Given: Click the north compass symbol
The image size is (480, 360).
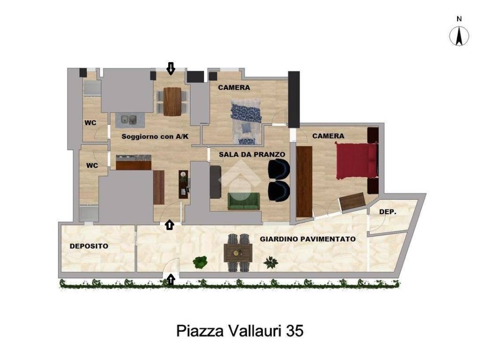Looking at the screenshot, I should (459, 36).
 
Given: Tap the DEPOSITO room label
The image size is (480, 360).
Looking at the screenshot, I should (89, 246).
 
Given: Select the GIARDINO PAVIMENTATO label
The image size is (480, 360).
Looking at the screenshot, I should (307, 239).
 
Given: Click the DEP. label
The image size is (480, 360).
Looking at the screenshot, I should (388, 212).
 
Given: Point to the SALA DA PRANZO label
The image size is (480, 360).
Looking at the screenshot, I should (252, 154).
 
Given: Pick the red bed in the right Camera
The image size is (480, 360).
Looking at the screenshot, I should (356, 161).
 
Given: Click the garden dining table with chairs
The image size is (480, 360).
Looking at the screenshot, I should (238, 253).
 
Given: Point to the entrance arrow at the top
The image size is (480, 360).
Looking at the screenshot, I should (171, 69).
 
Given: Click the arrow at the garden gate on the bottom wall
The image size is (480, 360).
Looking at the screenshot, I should (171, 280).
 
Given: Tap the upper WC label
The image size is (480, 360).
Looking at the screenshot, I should (90, 123).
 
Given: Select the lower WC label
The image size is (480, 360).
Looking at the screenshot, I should (92, 165).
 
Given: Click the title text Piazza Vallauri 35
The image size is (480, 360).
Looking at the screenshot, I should (240, 331).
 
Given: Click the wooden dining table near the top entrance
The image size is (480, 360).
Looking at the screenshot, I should (172, 101).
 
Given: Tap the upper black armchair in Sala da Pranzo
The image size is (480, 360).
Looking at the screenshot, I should (279, 169).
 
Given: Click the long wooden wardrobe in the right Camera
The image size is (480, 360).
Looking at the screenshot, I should (304, 182).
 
